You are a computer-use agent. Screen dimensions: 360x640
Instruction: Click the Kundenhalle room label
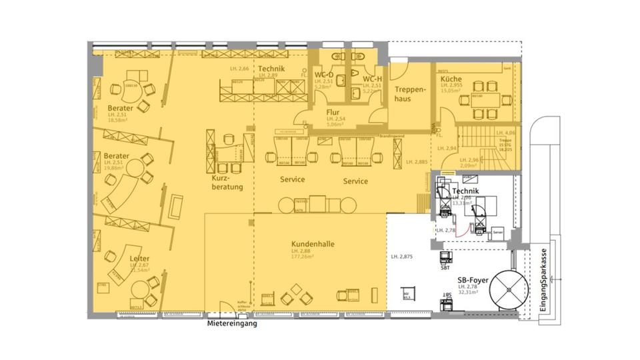click(313, 244)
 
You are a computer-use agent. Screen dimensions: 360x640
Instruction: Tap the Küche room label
click(451, 79)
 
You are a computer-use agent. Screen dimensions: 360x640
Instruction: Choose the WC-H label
click(372, 79)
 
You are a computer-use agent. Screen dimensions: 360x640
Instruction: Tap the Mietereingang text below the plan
click(231, 325)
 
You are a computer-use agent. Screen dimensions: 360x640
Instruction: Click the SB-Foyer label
click(471, 281)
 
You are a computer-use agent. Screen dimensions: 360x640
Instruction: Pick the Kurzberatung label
click(227, 183)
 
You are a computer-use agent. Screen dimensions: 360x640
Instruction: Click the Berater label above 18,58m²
click(120, 107)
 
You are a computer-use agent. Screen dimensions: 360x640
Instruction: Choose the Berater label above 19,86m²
click(116, 155)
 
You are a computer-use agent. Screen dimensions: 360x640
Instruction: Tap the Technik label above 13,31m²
click(466, 191)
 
